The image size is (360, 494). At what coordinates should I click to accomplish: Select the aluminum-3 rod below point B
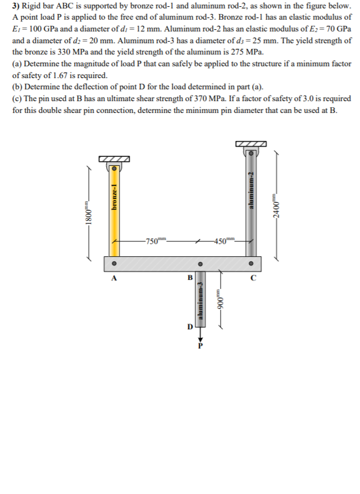pyautogui.click(x=200, y=298)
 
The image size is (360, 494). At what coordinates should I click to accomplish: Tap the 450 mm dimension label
pyautogui.click(x=222, y=241)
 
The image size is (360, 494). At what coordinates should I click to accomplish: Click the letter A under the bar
pyautogui.click(x=114, y=278)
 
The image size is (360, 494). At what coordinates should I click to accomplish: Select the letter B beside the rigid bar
pyautogui.click(x=190, y=278)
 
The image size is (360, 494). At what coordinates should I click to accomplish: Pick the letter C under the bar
pyautogui.click(x=253, y=278)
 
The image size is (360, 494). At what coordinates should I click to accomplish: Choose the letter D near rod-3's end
pyautogui.click(x=190, y=326)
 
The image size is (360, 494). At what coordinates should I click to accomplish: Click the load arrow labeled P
pyautogui.click(x=200, y=337)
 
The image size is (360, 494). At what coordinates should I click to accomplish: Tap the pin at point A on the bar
pyautogui.click(x=114, y=263)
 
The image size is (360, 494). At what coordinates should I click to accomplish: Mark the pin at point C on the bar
pyautogui.click(x=252, y=263)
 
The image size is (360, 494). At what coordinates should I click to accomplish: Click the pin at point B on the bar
pyautogui.click(x=200, y=263)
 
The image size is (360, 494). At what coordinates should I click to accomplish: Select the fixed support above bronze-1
pyautogui.click(x=114, y=159)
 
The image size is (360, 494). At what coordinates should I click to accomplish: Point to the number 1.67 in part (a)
pyautogui.click(x=64, y=75)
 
